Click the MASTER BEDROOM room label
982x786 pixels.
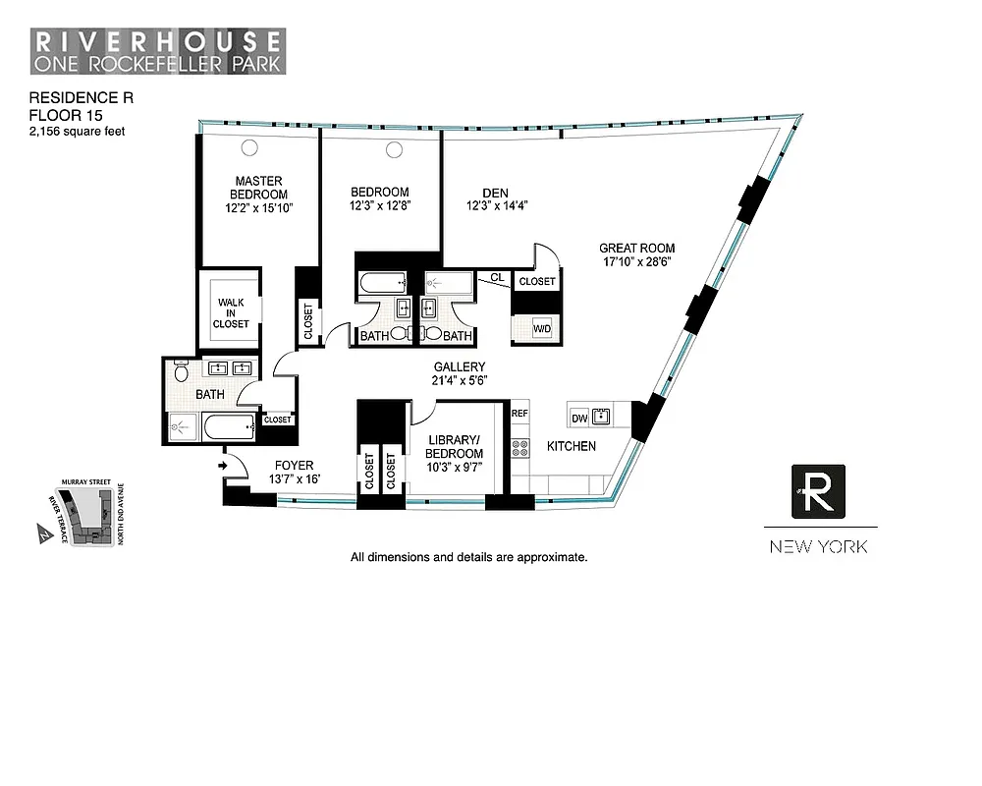[259, 188]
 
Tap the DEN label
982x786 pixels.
[496, 193]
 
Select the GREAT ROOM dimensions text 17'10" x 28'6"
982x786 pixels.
[637, 261]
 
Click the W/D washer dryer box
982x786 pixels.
[542, 329]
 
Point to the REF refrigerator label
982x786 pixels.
[519, 415]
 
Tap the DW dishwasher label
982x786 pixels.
[579, 418]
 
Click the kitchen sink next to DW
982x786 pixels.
[602, 417]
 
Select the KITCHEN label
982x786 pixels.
[572, 446]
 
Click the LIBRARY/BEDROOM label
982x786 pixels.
[454, 446]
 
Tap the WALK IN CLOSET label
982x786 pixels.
[233, 312]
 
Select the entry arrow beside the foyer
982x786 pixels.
[223, 466]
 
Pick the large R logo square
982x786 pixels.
[818, 492]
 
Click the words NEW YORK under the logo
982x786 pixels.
[818, 546]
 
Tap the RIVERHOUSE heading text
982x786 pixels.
[158, 43]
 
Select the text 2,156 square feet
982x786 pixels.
[77, 131]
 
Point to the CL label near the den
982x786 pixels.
[497, 278]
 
